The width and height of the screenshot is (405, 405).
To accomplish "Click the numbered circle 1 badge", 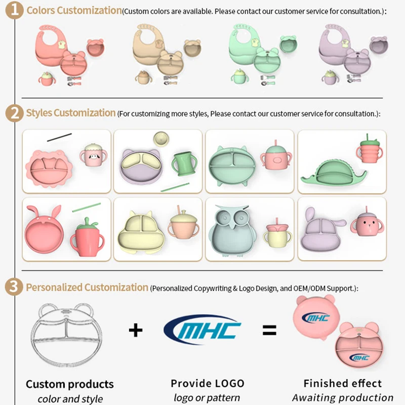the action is pos(17,11).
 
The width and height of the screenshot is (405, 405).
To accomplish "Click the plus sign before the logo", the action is pos(135,330).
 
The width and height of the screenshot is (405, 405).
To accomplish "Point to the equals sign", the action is pos(269,331).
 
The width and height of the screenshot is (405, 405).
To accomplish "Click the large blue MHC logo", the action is pos(202,330).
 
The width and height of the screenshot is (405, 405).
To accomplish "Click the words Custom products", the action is pos(69,384).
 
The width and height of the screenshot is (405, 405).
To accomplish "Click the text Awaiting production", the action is pos(343,398).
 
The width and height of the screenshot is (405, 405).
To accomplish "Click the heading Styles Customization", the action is pos(71,113).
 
